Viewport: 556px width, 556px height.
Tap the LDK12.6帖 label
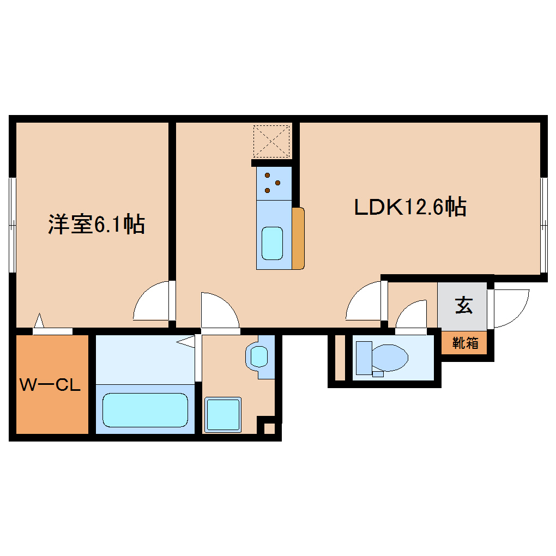click(410, 208)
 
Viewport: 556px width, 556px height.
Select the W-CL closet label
click(50, 385)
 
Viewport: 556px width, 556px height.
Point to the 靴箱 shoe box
click(465, 343)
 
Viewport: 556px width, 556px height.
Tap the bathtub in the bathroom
click(145, 410)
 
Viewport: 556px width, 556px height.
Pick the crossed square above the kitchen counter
click(271, 141)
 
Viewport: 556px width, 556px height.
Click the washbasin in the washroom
click(258, 356)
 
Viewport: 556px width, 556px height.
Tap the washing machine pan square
click(223, 415)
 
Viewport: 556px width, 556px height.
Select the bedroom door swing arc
click(152, 301)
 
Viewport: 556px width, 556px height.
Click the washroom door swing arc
click(219, 311)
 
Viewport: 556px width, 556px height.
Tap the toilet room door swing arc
click(412, 317)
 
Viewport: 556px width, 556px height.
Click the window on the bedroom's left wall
click(12, 224)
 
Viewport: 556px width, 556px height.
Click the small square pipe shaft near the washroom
click(269, 428)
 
